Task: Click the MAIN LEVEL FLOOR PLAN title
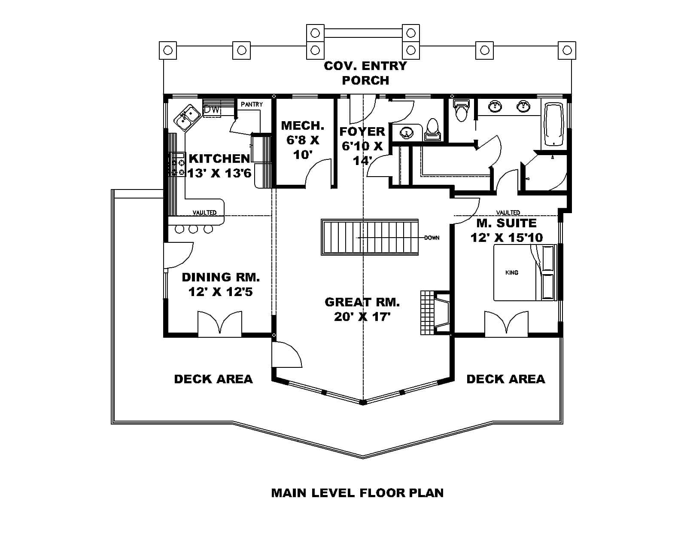click(357, 493)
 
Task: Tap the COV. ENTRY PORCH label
click(365, 73)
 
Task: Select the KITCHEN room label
click(219, 159)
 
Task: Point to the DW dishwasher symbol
click(212, 110)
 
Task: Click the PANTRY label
click(252, 104)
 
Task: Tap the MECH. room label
click(302, 126)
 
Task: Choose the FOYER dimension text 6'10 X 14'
click(362, 153)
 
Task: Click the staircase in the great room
click(370, 238)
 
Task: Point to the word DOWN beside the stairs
click(432, 238)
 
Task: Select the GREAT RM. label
click(362, 302)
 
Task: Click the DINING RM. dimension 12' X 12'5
click(220, 292)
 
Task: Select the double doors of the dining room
click(220, 323)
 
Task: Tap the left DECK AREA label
click(213, 379)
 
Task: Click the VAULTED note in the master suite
click(508, 212)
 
